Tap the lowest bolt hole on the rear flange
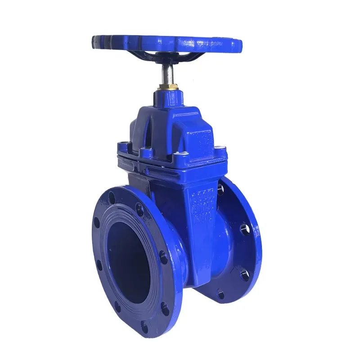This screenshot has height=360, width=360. point(220,295)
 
